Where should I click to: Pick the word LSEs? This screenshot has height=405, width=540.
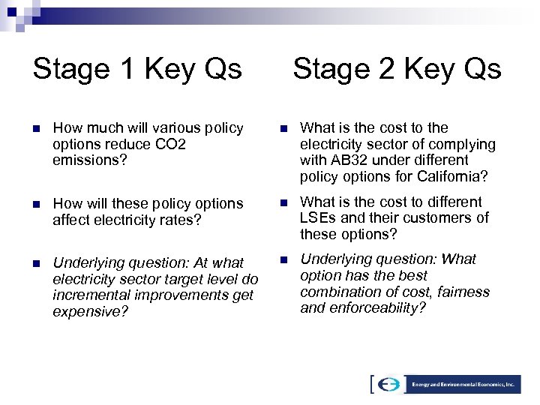tap(317, 218)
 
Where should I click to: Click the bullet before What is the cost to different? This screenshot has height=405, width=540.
tap(283, 202)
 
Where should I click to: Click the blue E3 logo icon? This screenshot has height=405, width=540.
tap(388, 383)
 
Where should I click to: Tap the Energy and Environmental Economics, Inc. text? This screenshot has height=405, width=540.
tap(463, 383)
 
